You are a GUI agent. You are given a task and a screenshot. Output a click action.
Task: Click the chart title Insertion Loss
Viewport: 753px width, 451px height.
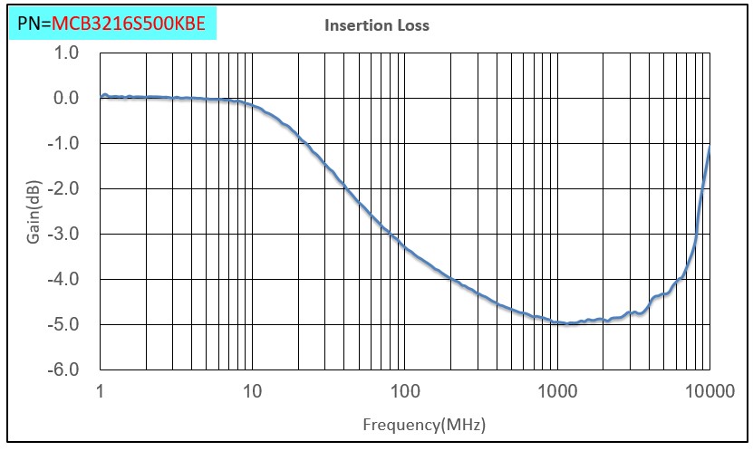(x=376, y=25)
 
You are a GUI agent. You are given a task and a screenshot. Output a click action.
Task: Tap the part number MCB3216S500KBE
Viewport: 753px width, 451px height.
(x=134, y=23)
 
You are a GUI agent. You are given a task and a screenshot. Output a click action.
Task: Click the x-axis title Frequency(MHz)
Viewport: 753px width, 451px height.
(x=418, y=424)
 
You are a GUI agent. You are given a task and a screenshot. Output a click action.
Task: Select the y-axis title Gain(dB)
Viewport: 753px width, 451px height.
(x=34, y=210)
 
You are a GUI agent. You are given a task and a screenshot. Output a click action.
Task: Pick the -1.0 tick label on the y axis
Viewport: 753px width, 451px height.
(x=65, y=143)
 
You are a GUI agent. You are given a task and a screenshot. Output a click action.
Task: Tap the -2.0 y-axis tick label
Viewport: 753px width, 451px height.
(x=65, y=188)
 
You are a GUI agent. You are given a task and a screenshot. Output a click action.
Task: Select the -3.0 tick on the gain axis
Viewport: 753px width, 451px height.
(x=65, y=234)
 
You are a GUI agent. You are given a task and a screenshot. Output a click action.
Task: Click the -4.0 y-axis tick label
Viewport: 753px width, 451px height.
(x=65, y=279)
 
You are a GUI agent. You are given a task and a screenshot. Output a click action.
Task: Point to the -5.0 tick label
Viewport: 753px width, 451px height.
(x=65, y=324)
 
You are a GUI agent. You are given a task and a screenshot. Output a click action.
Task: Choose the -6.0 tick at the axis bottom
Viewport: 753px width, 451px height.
(x=65, y=369)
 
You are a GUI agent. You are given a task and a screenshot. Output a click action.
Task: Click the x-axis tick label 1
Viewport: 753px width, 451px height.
(x=101, y=391)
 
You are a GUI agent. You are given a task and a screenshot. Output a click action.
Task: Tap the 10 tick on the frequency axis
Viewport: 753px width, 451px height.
(x=252, y=391)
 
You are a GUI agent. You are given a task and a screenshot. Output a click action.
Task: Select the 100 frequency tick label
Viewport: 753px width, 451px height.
(x=405, y=391)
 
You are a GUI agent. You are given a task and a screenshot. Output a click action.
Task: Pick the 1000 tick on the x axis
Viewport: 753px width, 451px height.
(x=557, y=391)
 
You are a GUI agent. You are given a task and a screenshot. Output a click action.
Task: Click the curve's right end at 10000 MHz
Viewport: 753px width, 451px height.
(x=709, y=147)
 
